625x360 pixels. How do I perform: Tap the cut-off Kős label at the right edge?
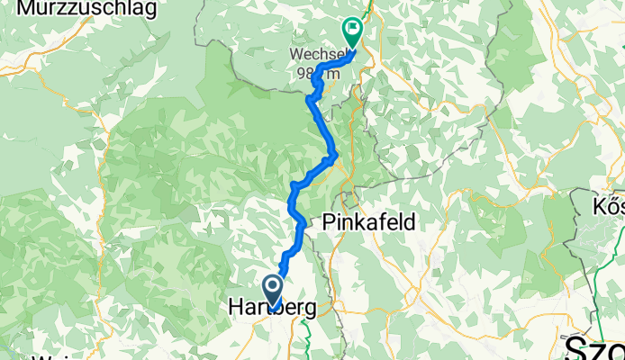pos(608,208)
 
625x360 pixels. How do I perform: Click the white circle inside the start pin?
pos(271,285)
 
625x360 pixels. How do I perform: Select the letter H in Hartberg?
pos(236,308)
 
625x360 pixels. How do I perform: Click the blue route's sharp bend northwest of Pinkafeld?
pos(294,186)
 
